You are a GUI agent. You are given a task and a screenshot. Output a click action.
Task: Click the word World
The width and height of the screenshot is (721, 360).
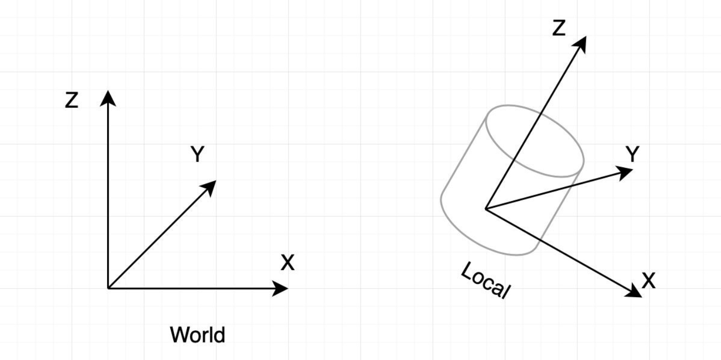pyautogui.click(x=197, y=335)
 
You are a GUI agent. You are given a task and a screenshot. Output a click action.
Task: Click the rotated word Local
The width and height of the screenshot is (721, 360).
pyautogui.click(x=486, y=280)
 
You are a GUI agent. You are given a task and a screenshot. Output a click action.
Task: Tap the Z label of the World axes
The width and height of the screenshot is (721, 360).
pyautogui.click(x=71, y=100)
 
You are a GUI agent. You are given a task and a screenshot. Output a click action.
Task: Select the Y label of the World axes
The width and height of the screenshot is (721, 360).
pyautogui.click(x=197, y=154)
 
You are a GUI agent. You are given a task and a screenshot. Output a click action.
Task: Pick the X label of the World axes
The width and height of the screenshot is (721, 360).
pyautogui.click(x=288, y=263)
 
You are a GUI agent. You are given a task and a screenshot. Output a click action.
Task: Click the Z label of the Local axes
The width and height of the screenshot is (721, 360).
pyautogui.click(x=558, y=28)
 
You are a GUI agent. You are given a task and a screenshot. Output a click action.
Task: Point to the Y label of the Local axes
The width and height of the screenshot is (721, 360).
pyautogui.click(x=632, y=154)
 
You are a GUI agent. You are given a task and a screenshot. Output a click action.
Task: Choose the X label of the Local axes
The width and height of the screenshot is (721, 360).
pyautogui.click(x=648, y=281)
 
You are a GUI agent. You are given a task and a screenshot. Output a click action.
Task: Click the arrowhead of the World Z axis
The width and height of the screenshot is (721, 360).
pyautogui.click(x=108, y=98)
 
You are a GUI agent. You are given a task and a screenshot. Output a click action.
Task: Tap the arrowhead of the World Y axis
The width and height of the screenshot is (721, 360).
pyautogui.click(x=209, y=188)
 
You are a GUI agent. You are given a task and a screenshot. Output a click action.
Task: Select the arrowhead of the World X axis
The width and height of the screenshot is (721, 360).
pyautogui.click(x=280, y=288)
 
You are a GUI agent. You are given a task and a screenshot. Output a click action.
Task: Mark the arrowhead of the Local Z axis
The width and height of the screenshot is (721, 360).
pyautogui.click(x=580, y=44)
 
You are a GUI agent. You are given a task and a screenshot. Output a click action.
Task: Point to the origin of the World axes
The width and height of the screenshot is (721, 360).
pyautogui.click(x=108, y=288)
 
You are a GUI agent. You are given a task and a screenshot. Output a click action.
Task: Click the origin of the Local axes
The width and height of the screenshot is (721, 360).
pyautogui.click(x=486, y=209)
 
